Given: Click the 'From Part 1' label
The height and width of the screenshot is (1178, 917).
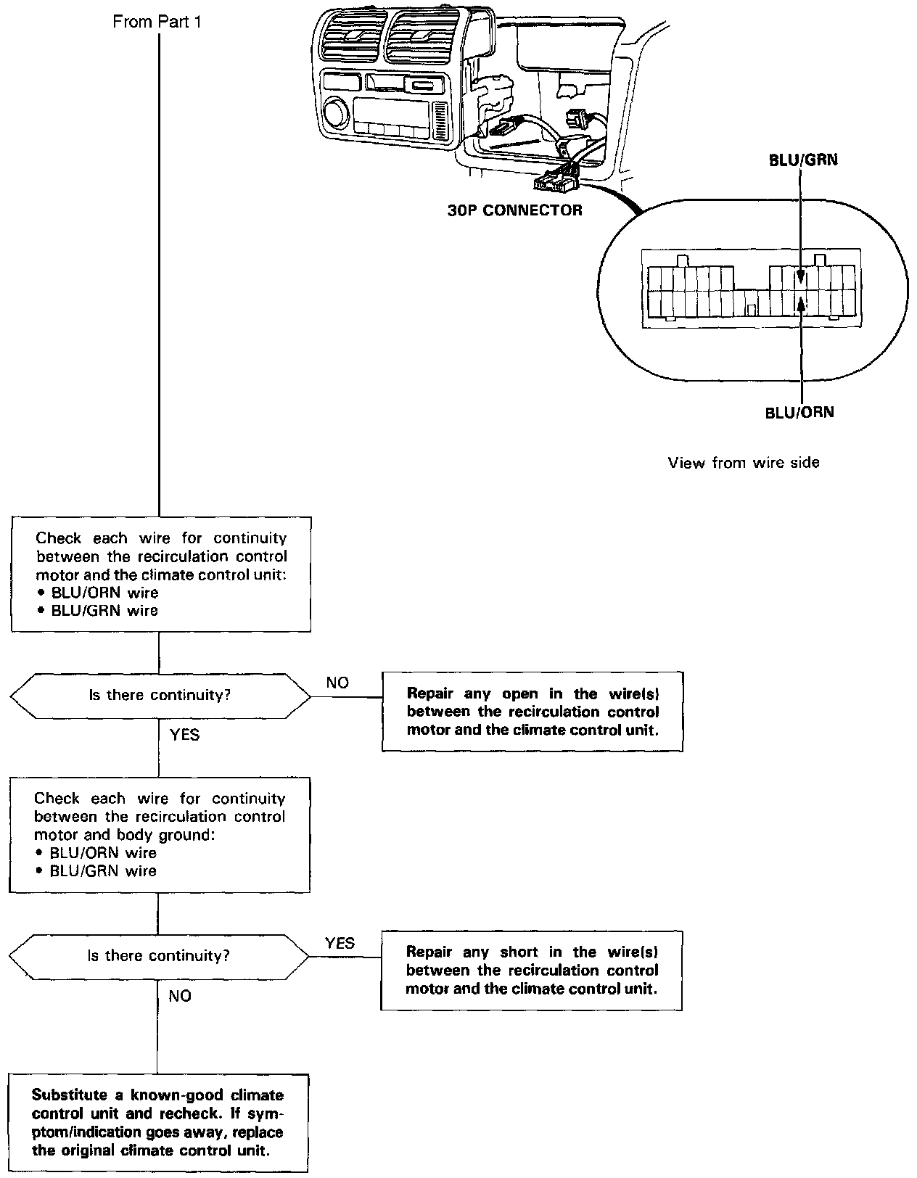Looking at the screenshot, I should [157, 22].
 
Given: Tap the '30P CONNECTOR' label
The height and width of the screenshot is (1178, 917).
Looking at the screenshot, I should [514, 211].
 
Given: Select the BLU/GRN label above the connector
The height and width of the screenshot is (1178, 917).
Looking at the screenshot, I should [803, 160].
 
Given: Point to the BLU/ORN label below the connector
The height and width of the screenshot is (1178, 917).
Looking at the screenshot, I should [799, 413].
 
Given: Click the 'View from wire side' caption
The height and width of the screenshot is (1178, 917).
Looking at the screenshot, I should [744, 463].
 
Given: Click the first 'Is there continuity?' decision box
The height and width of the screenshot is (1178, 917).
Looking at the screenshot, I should [160, 696].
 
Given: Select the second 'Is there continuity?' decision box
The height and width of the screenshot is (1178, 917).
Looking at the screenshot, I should [158, 956].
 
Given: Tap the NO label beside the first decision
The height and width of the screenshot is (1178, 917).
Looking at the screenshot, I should [337, 683].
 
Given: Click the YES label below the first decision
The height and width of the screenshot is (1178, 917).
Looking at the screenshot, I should [184, 735].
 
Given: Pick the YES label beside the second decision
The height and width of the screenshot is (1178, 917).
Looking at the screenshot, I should [340, 943].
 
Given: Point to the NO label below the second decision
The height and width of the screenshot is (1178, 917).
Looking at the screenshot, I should [180, 996].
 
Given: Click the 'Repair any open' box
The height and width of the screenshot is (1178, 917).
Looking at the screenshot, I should [532, 712].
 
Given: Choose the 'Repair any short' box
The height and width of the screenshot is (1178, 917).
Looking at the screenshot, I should [532, 971].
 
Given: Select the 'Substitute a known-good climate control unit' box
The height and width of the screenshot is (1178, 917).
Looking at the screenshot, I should [158, 1123].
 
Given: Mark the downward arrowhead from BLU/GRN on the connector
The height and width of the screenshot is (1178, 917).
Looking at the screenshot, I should [800, 276].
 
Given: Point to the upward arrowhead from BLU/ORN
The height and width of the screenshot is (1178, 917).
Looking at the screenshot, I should [801, 304].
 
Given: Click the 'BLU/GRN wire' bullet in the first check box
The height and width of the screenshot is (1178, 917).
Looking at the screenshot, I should [104, 611].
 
